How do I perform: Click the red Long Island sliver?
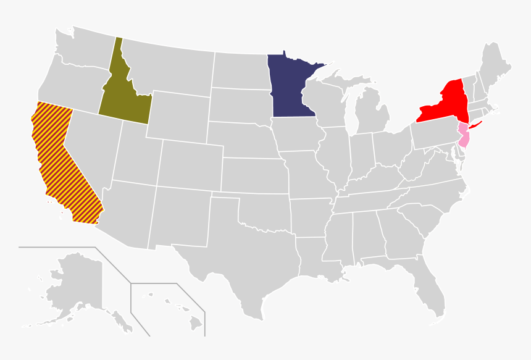click(475, 126)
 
